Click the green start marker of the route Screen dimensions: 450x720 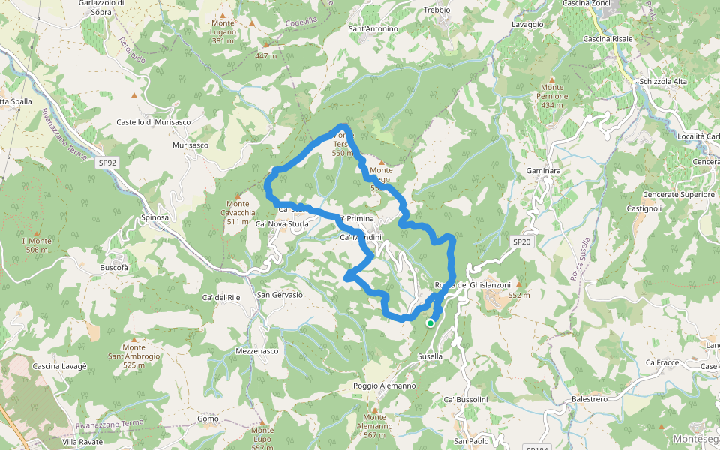[x=430, y=323]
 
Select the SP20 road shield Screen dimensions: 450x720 [x=522, y=241]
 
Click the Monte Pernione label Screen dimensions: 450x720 [x=552, y=96]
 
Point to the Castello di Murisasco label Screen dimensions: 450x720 [x=153, y=122]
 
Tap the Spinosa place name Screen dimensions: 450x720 [x=155, y=217]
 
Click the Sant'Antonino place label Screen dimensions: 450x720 [x=373, y=29]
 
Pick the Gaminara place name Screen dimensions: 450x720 [x=543, y=171]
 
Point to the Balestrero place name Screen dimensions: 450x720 [x=589, y=399]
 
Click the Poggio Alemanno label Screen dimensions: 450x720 [x=384, y=385]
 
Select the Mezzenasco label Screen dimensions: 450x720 [x=256, y=350]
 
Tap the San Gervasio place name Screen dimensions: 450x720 [x=280, y=295]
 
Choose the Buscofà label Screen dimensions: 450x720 [x=115, y=267]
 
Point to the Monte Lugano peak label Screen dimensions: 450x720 [x=223, y=32]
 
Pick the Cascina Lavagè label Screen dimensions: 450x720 [x=60, y=365]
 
